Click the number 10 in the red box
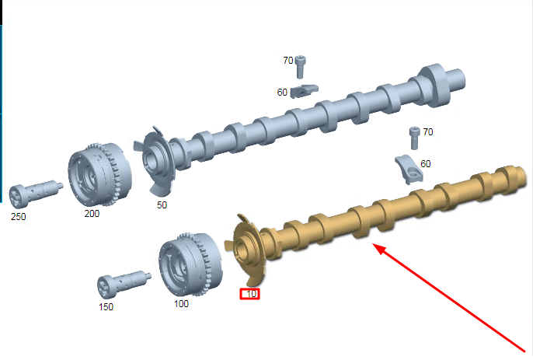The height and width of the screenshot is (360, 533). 251,294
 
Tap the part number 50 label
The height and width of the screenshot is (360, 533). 162,204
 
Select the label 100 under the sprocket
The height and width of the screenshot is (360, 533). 181,303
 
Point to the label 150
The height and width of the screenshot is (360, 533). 106,307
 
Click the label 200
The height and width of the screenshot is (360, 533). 92,214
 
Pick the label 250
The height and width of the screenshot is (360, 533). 19,217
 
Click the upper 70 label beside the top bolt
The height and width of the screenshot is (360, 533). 288,60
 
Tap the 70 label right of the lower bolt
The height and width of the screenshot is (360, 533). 428,131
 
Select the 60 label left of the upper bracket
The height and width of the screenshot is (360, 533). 282,93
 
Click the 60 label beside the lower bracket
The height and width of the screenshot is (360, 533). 426,163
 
